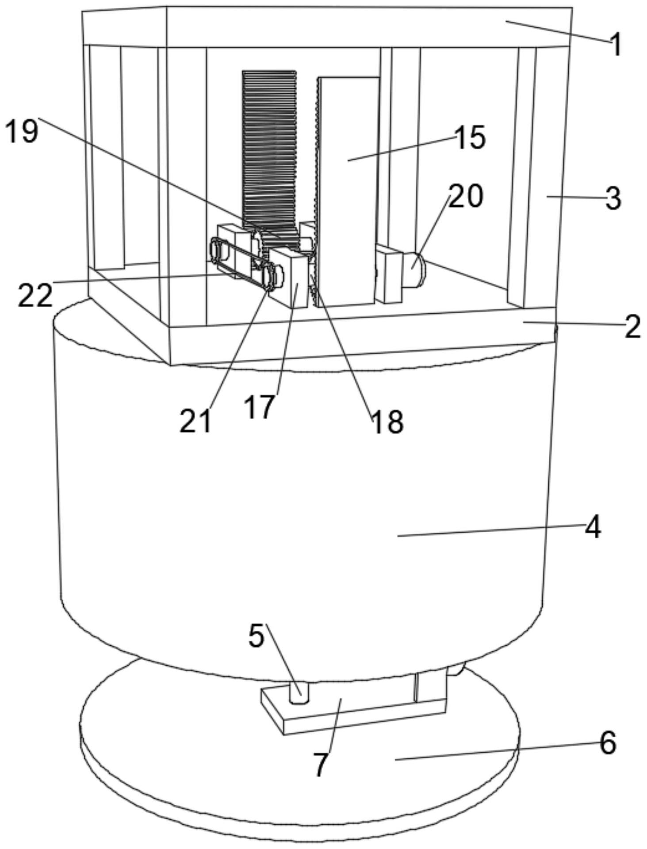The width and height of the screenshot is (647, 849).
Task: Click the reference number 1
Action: pyautogui.click(x=616, y=45)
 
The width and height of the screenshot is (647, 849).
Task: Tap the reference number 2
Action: pyautogui.click(x=632, y=327)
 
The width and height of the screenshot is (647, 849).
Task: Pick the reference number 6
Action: pyautogui.click(x=608, y=743)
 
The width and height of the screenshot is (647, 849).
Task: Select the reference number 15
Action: pyautogui.click(x=470, y=137)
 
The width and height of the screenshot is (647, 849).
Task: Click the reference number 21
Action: pyautogui.click(x=195, y=420)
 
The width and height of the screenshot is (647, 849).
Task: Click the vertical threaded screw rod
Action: pyautogui.click(x=269, y=146)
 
